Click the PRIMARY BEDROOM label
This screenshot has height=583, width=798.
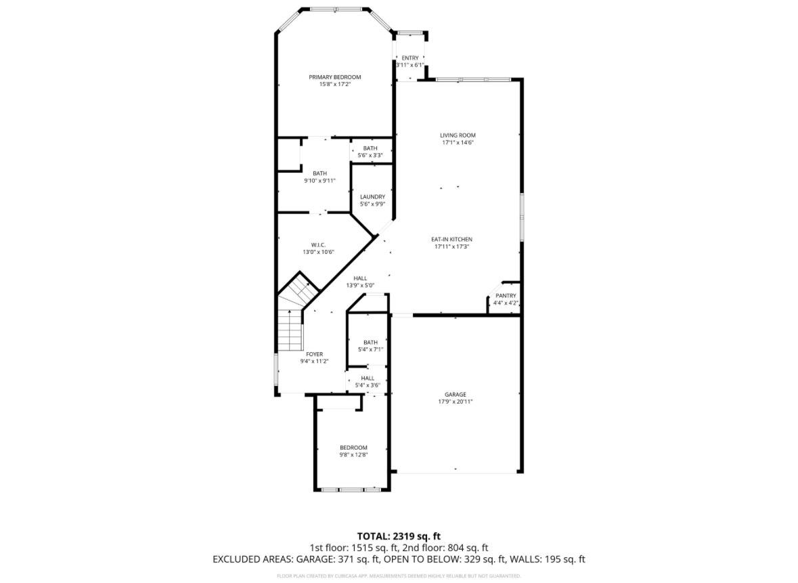[335, 77]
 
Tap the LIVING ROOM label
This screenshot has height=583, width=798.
[458, 135]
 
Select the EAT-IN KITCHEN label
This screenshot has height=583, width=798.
[452, 240]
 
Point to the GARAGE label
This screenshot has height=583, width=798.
[455, 395]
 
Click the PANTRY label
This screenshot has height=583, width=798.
[506, 296]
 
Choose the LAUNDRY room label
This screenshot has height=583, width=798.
[372, 197]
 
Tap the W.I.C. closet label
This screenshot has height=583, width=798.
[319, 244]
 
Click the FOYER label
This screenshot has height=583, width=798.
[314, 354]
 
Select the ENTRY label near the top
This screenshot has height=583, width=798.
[410, 58]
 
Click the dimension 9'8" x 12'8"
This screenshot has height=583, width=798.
[353, 455]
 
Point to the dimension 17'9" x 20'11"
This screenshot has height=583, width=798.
[455, 402]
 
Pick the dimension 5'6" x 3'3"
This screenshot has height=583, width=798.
[370, 155]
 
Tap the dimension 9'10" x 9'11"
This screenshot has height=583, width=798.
[319, 181]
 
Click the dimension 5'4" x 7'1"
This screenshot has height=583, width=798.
[370, 349]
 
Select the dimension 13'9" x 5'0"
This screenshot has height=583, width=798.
[360, 285]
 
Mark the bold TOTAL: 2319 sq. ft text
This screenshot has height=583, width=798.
[399, 536]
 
